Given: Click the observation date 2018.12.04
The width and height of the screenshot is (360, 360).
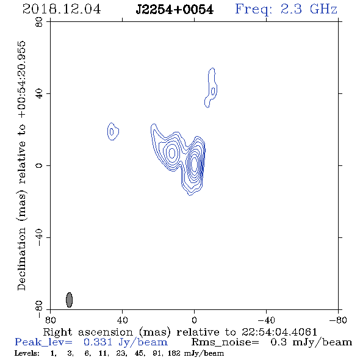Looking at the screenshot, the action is pyautogui.click(x=62, y=9).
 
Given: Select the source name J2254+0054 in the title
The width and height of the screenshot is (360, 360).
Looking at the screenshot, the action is pyautogui.click(x=175, y=10).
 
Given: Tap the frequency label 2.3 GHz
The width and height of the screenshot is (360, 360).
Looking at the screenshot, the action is pyautogui.click(x=309, y=9).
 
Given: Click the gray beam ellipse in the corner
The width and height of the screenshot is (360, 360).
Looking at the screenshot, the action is pyautogui.click(x=69, y=300).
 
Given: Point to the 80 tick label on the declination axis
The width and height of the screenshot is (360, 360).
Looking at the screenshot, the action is pyautogui.click(x=39, y=22).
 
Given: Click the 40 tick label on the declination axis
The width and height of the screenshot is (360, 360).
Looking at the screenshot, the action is pyautogui.click(x=39, y=94).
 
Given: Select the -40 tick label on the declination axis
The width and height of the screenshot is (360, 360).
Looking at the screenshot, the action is pyautogui.click(x=39, y=237).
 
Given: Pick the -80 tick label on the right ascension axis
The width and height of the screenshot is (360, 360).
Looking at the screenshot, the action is pyautogui.click(x=338, y=320).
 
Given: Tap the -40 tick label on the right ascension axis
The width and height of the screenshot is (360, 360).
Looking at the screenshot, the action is pyautogui.click(x=266, y=320).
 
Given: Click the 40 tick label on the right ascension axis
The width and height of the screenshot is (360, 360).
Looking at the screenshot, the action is pyautogui.click(x=122, y=320).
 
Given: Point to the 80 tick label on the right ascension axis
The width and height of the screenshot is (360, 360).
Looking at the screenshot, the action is pyautogui.click(x=50, y=320).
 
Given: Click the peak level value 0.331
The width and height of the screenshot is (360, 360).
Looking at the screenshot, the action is pyautogui.click(x=98, y=342).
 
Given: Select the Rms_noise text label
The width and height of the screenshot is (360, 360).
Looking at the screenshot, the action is pyautogui.click(x=225, y=342).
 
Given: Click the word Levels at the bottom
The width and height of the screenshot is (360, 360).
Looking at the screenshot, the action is pyautogui.click(x=27, y=353).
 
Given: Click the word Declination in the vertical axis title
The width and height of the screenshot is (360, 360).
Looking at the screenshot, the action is pyautogui.click(x=21, y=259).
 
